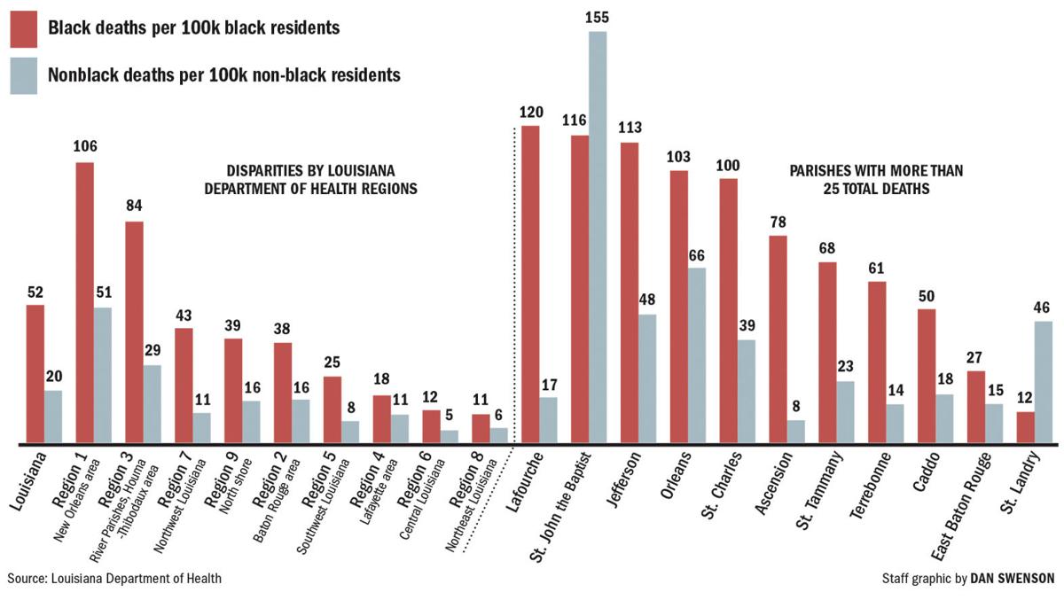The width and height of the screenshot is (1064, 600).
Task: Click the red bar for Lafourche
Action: [530, 284]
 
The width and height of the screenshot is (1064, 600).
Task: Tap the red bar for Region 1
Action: [84, 301]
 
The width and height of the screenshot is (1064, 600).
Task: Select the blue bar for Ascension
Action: [796, 431]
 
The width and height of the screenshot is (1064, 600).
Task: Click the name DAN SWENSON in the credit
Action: [1013, 579]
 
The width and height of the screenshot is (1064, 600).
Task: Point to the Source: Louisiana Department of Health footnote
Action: [114, 579]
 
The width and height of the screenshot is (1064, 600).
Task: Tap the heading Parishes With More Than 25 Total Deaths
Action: [875, 179]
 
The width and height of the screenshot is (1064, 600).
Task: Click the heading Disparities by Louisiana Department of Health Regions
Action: [310, 179]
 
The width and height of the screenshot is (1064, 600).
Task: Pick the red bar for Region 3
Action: [134, 331]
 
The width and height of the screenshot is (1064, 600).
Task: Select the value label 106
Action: [85, 147]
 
